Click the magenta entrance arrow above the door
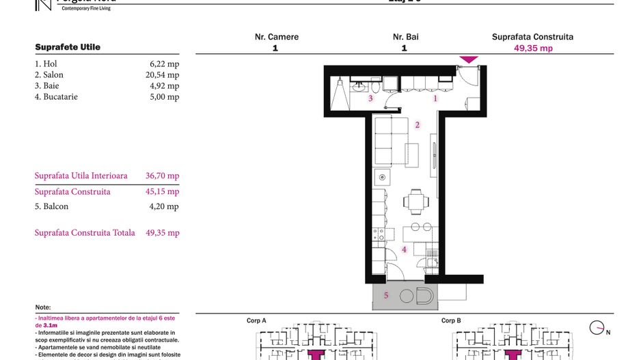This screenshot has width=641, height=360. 468,60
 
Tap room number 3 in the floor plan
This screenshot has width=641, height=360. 370,98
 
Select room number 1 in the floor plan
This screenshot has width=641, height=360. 435,98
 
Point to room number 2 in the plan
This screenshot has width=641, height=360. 418,125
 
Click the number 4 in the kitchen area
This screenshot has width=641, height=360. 404,250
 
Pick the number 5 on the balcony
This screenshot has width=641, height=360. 386,295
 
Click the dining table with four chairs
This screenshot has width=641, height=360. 415,202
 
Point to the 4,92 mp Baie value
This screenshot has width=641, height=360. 165,86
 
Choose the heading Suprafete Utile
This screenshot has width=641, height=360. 68,47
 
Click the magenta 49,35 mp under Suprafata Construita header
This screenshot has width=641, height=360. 533,49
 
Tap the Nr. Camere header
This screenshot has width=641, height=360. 276,37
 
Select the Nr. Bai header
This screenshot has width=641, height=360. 406,37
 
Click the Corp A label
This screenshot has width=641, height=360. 256,320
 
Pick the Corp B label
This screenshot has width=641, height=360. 451,320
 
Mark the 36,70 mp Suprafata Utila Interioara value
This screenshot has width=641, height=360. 163,176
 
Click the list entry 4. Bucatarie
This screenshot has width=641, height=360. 56,97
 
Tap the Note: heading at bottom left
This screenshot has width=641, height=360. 43,307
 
